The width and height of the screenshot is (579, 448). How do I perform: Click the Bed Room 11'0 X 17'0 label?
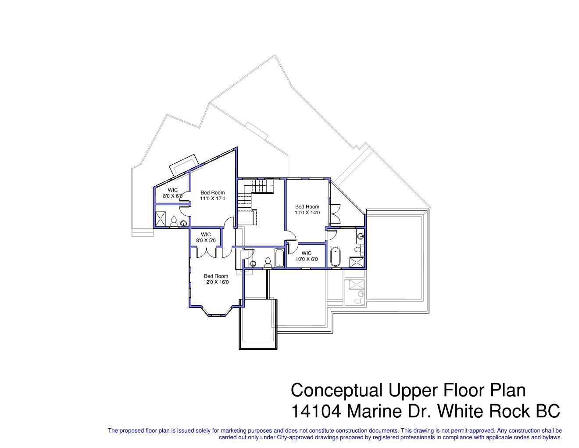click(x=213, y=195)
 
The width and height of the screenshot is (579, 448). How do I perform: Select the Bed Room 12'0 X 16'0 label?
click(x=216, y=279)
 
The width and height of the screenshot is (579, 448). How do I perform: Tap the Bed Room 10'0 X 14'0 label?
click(x=307, y=210)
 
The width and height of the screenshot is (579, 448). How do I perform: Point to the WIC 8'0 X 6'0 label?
click(x=172, y=193)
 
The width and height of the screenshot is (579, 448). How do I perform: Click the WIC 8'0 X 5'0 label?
click(x=206, y=238)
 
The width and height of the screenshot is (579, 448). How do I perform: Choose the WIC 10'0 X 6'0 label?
click(x=306, y=256)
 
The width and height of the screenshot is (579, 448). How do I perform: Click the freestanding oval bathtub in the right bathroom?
click(x=336, y=257)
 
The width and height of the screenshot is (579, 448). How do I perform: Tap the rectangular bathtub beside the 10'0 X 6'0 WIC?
click(x=279, y=258)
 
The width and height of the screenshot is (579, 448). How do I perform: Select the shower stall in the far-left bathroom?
click(x=161, y=219)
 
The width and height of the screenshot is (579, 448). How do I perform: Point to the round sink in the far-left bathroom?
click(x=183, y=224)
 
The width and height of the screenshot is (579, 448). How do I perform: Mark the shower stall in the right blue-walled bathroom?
click(x=356, y=262)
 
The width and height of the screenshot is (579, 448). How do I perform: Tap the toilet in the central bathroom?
click(x=268, y=263)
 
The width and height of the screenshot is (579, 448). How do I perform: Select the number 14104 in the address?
click(x=316, y=411)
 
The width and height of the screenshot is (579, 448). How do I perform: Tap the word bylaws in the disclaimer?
click(x=552, y=437)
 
